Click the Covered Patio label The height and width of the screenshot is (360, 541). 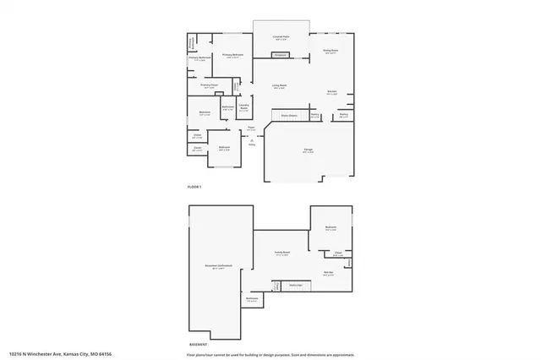281,37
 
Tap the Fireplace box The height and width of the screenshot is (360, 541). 280,56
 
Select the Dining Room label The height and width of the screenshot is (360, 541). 331,51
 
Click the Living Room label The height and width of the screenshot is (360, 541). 278,85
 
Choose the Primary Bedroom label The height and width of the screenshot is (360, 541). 232,55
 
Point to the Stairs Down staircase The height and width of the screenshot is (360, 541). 288,115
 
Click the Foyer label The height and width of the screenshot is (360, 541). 251,128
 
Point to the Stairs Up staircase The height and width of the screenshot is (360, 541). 296,286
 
